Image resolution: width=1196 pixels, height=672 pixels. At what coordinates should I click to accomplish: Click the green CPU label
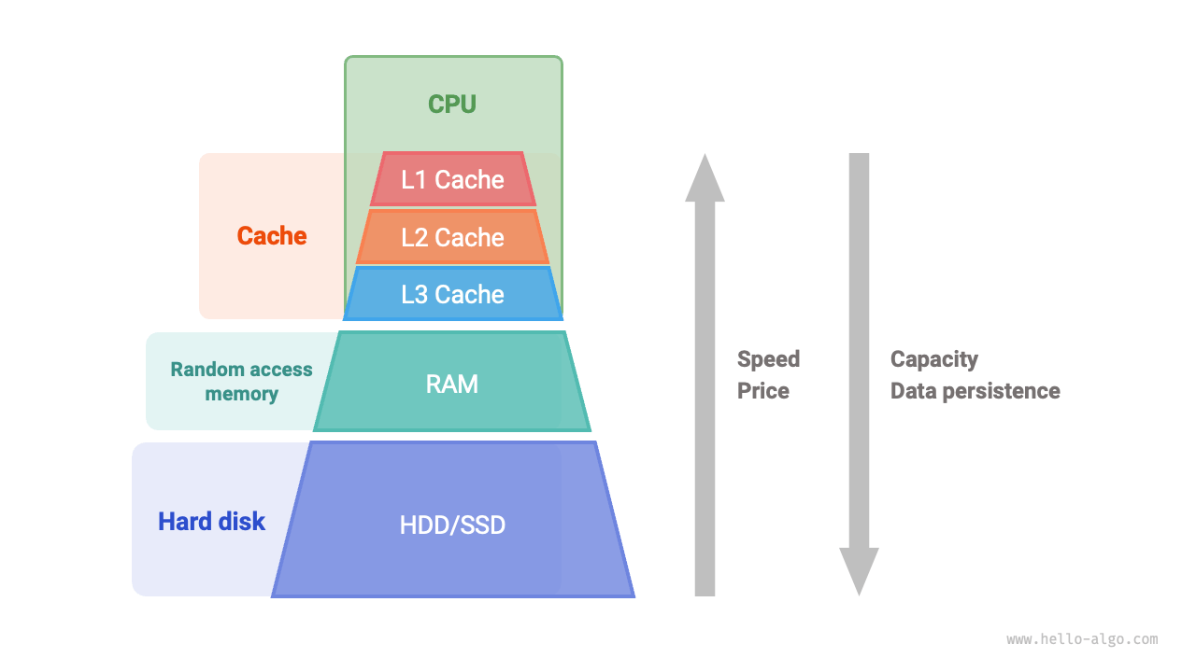click(452, 104)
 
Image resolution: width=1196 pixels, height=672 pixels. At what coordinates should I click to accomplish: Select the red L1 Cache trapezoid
click(452, 179)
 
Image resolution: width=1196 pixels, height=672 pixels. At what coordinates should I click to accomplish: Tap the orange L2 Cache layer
click(452, 237)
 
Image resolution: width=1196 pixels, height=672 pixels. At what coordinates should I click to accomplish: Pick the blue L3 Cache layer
click(452, 294)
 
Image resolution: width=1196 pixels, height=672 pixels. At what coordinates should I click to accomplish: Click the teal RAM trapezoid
click(452, 383)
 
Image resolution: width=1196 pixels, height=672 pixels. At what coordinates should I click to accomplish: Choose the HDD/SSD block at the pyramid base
click(452, 525)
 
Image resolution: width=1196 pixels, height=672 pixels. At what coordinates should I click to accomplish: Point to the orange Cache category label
click(272, 236)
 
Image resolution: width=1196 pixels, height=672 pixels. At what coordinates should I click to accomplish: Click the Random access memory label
click(241, 381)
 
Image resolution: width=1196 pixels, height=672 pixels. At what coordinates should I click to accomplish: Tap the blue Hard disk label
click(211, 521)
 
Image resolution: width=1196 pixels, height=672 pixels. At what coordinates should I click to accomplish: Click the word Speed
click(768, 359)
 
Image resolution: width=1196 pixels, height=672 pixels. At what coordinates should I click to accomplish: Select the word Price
click(762, 391)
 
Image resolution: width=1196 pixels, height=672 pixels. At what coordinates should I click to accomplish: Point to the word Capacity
click(933, 359)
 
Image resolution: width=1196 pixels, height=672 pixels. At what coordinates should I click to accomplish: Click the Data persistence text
click(975, 391)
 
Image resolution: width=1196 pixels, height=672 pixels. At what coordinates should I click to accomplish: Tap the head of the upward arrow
click(705, 179)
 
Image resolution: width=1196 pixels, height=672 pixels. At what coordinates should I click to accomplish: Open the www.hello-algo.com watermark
click(1082, 639)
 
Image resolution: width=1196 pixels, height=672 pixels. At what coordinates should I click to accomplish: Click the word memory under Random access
click(241, 394)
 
